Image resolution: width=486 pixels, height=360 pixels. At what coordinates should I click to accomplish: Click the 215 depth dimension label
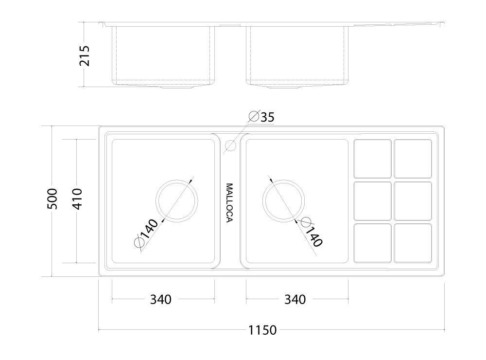click(x=84, y=56)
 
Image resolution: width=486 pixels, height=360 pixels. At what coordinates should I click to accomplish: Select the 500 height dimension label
click(x=52, y=198)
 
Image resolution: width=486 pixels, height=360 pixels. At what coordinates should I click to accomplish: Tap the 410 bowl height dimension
click(x=77, y=199)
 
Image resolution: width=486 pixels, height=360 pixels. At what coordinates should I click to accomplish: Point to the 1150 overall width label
click(x=262, y=330)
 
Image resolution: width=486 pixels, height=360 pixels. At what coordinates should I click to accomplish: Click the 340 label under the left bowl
click(x=160, y=300)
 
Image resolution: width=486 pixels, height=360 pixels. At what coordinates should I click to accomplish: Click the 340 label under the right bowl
click(x=295, y=300)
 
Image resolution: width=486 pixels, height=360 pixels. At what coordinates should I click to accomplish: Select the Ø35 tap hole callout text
click(x=261, y=117)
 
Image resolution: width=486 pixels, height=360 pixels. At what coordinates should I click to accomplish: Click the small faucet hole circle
click(x=230, y=145)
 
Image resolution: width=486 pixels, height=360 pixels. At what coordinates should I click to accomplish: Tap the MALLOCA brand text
click(x=229, y=203)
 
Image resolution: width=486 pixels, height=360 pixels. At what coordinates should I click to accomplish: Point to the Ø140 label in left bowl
click(x=146, y=233)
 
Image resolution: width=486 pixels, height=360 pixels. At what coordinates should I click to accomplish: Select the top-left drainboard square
click(x=373, y=159)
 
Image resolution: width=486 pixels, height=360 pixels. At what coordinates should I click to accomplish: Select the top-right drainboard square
click(x=413, y=159)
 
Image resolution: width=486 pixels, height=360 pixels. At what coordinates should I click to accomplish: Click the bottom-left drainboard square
click(x=373, y=243)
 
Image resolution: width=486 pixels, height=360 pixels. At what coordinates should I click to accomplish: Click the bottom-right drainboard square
click(x=413, y=243)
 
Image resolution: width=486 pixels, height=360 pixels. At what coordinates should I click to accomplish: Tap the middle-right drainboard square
click(x=413, y=201)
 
